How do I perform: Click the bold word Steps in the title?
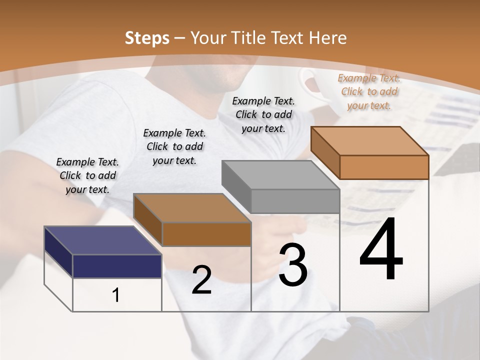point(147,38)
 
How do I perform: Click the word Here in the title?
point(327,38)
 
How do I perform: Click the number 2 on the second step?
point(201,280)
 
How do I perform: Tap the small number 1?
point(116,295)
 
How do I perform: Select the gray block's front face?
point(295,201)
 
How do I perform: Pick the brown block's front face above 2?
point(206,234)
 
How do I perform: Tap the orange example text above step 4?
point(369,91)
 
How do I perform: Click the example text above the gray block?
point(263,114)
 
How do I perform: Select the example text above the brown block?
point(174,146)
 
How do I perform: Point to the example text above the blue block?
point(87,175)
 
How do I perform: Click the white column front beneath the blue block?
point(117,295)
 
